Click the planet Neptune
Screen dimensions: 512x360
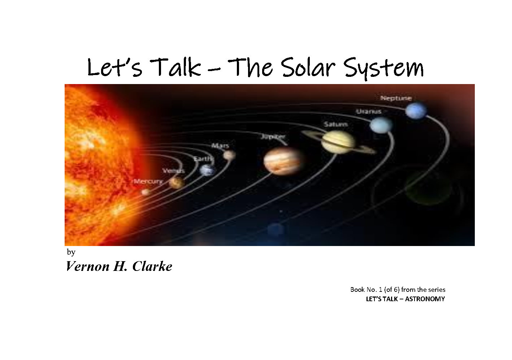pos(416,111)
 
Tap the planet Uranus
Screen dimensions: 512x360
pos(381,125)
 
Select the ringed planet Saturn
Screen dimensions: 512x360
pos(339,142)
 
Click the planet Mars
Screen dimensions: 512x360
pos(229,155)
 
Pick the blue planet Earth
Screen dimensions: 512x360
pos(207,170)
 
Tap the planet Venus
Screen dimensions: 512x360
pos(177,183)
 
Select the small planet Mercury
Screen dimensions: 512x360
pos(146,192)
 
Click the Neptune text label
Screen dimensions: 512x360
pos(396,98)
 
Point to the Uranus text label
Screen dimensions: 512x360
pos(369,111)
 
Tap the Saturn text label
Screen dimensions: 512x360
pos(336,124)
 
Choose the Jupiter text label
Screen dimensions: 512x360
pos(273,136)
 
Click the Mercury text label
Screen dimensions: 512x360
pos(148,181)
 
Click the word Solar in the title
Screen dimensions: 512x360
pos(308,67)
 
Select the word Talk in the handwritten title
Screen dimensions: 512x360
pos(175,67)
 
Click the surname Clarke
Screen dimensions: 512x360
pos(152,267)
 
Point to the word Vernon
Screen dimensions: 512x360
pos(87,267)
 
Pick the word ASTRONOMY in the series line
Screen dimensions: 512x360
pos(425,299)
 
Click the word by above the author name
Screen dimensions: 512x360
pos(71,252)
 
